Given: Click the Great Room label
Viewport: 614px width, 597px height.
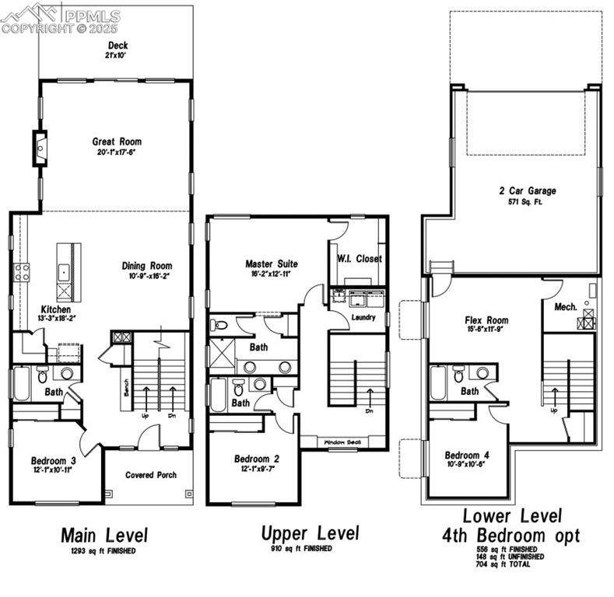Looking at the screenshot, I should (117, 141).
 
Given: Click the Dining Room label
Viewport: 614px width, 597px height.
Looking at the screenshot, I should (147, 266).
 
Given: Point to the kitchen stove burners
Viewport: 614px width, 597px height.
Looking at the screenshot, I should (22, 272).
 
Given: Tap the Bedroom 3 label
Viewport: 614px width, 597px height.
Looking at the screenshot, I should (53, 460).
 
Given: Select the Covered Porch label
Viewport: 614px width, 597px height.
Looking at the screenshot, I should (151, 474).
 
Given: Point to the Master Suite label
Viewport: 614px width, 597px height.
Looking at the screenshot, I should (272, 264).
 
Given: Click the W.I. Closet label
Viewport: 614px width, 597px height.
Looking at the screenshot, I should (360, 259).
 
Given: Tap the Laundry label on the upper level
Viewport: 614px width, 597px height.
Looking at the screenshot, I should (363, 317).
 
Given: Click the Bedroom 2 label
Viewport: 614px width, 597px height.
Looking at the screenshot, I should (256, 459).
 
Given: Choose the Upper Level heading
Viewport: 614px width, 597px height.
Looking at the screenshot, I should (310, 533).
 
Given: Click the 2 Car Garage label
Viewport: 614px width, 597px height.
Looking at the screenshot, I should (528, 190).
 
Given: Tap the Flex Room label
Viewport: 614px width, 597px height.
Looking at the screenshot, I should (486, 319).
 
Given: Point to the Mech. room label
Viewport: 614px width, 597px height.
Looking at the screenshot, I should (566, 307).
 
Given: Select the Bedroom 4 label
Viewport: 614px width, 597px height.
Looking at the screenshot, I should (467, 455).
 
